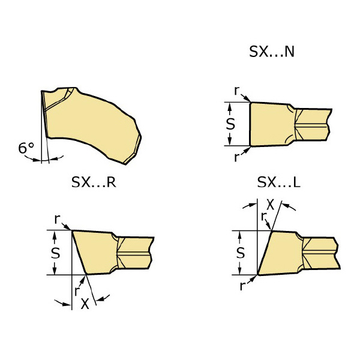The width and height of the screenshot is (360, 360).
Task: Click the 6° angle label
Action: click(x=26, y=148)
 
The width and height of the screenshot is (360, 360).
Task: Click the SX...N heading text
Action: click(x=272, y=52)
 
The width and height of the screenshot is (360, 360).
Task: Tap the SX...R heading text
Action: click(x=94, y=182)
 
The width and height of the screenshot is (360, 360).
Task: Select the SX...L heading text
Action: click(x=279, y=182)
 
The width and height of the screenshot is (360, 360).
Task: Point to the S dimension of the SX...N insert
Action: click(x=230, y=124)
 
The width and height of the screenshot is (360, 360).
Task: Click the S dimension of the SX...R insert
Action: click(x=55, y=253)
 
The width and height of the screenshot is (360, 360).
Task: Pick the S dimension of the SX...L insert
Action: click(x=241, y=253)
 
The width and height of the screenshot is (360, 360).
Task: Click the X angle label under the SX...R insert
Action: click(x=85, y=304)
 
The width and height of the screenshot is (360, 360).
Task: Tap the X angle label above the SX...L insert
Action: click(x=271, y=205)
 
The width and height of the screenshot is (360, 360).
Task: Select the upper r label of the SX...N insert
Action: click(x=237, y=91)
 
